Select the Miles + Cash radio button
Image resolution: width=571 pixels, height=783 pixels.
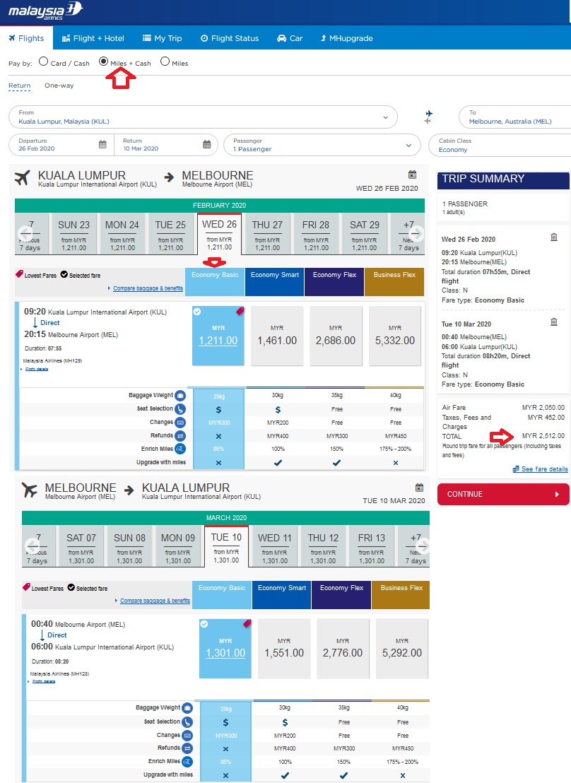tap(104, 62)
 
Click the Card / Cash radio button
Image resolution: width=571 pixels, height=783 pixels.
tap(44, 62)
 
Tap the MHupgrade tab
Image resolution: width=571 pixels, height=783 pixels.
tap(346, 38)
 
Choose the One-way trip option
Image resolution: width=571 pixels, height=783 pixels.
tap(59, 86)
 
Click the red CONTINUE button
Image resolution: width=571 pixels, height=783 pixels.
tap(502, 494)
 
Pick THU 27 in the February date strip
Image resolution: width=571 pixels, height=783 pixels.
tap(267, 232)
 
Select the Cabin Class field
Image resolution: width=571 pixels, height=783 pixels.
tap(498, 145)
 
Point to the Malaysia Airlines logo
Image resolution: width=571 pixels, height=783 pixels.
tap(45, 11)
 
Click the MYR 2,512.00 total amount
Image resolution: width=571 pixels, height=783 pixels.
tap(543, 435)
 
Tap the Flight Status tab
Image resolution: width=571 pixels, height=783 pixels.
tap(230, 38)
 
